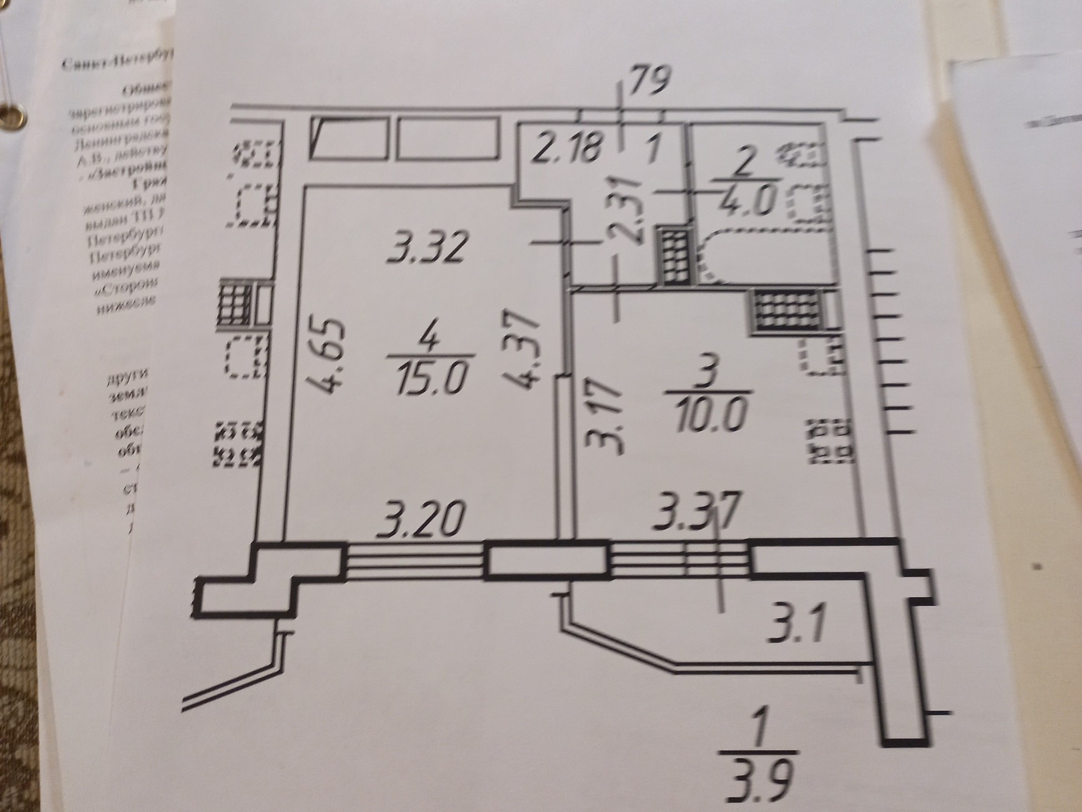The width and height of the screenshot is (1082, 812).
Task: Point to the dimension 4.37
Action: click(522, 351)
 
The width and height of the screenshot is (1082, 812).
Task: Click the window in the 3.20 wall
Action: click(415, 559)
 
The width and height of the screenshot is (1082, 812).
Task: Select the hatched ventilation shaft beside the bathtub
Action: click(673, 256)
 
